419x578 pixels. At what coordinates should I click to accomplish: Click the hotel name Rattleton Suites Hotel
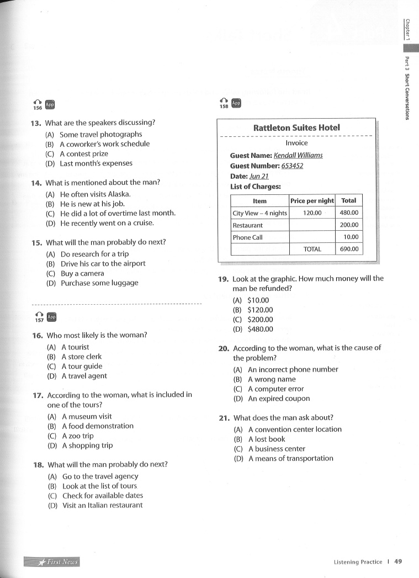pyautogui.click(x=296, y=128)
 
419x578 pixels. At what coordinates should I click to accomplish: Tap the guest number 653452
pyautogui.click(x=293, y=166)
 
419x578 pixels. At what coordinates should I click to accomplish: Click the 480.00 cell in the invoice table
pyautogui.click(x=349, y=213)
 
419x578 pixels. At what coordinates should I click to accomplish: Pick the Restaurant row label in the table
pyautogui.click(x=248, y=225)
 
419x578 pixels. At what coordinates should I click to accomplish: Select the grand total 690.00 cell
pyautogui.click(x=349, y=249)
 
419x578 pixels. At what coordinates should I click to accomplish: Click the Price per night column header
pyautogui.click(x=312, y=201)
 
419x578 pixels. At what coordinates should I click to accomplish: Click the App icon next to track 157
pyautogui.click(x=51, y=317)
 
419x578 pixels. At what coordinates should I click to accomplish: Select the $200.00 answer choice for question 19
pyautogui.click(x=260, y=320)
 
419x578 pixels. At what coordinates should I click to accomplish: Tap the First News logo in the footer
pyautogui.click(x=51, y=562)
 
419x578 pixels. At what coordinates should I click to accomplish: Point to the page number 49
pyautogui.click(x=398, y=561)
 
